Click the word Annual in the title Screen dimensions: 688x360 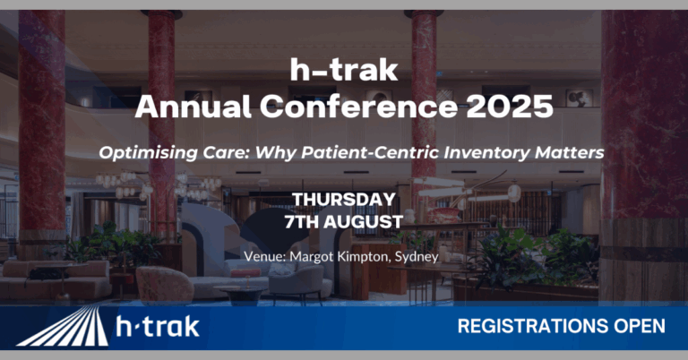[x=193, y=106]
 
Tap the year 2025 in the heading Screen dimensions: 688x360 [x=510, y=106]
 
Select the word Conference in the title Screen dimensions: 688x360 [x=358, y=106]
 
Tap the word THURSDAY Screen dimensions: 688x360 [x=344, y=200]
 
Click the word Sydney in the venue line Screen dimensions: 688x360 [x=417, y=256]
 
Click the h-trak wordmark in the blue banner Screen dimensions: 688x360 [x=158, y=327]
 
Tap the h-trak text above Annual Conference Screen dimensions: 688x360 [x=344, y=70]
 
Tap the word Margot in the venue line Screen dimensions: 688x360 [x=312, y=256]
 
